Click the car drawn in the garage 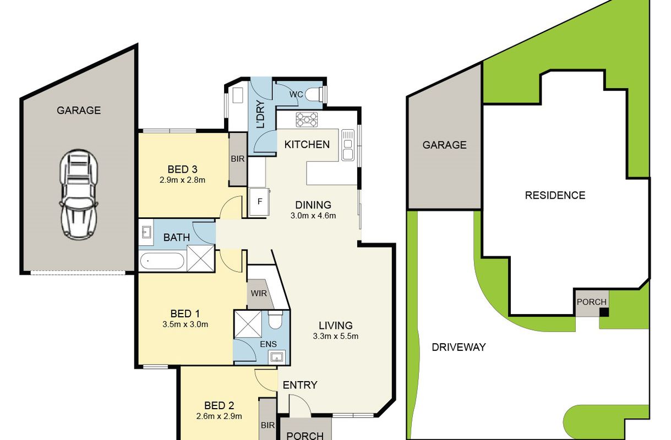click(x=79, y=195)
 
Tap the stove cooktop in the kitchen click(x=307, y=119)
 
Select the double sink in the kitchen click(x=348, y=145)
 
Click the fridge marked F click(x=260, y=201)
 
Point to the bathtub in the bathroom click(x=162, y=261)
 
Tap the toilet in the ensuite click(x=275, y=320)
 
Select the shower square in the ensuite click(x=248, y=324)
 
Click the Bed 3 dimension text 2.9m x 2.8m click(x=182, y=180)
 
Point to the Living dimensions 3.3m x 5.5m click(x=336, y=336)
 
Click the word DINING click(x=313, y=205)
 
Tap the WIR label click(x=259, y=293)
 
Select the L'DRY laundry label click(x=261, y=114)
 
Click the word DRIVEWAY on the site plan click(x=459, y=347)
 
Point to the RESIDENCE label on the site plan click(x=555, y=195)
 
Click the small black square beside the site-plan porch click(x=604, y=312)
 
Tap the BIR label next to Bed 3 click(x=238, y=159)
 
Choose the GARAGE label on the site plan click(x=445, y=145)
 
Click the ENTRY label click(x=300, y=385)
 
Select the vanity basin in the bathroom click(x=146, y=232)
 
